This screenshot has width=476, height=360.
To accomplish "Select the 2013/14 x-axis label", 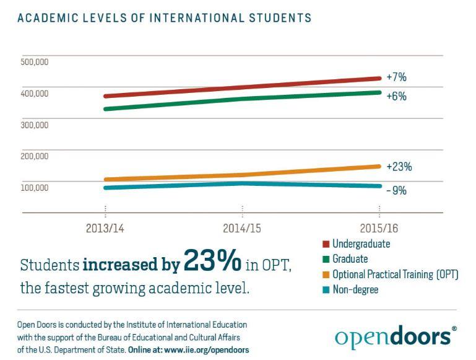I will (105, 229).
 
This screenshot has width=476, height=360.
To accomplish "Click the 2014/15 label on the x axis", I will (242, 229).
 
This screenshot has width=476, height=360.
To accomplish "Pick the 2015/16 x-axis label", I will (379, 229).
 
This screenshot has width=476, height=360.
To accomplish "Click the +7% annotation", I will (396, 77).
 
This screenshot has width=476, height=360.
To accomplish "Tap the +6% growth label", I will (396, 97).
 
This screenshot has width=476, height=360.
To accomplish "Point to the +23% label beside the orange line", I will (399, 167).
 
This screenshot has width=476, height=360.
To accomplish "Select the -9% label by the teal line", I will (396, 191).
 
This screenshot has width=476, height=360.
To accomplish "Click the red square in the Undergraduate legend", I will (326, 244).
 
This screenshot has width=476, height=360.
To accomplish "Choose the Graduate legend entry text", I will (350, 259).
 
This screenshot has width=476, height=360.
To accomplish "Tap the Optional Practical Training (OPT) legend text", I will (395, 274).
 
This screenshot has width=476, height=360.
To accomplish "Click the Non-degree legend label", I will (355, 289).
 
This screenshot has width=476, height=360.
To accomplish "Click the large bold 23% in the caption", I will (212, 263).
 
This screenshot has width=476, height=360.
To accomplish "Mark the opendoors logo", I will (394, 336).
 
